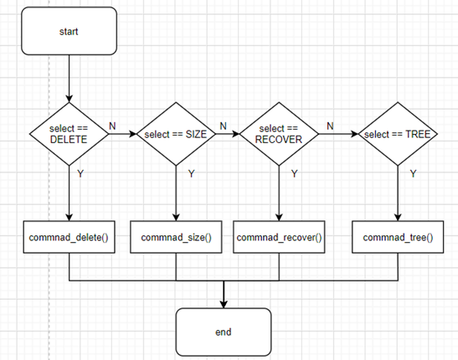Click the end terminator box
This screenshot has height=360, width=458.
coord(224,331)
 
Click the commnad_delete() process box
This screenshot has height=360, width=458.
coord(69,237)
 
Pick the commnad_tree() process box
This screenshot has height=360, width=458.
coord(397,237)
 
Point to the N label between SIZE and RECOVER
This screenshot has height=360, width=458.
coord(223,125)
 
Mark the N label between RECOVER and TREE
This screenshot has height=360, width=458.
coord(329,125)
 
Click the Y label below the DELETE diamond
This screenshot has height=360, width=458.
coord(80,174)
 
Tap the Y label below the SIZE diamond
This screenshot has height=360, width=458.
coord(191,174)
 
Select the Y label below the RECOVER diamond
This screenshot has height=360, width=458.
coord(293,174)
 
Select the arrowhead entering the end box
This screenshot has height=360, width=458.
coord(224,302)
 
